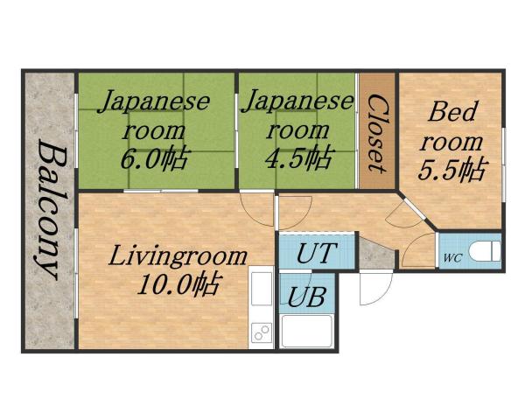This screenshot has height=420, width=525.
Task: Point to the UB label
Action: coord(307,296)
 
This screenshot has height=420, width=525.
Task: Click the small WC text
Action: coord(452,258)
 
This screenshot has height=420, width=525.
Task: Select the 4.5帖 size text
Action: coord(298,158)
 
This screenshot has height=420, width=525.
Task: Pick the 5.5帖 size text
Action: coord(451,167)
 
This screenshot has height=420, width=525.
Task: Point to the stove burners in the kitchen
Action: coord(262,333)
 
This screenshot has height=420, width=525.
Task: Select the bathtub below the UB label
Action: coord(305,332)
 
